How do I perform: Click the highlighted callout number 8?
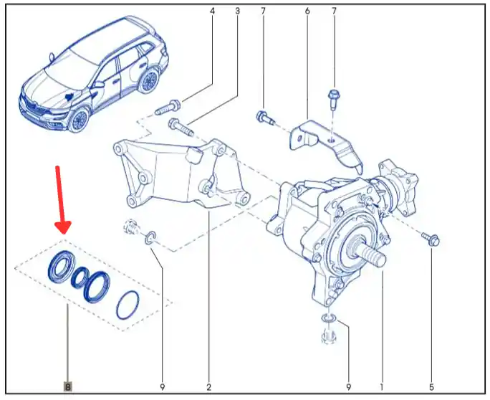point(67,386)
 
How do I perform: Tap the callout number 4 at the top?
point(213,11)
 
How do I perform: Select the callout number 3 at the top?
point(238,11)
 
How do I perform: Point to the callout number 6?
point(307,11)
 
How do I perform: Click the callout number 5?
point(431,387)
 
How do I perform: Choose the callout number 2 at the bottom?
point(208,387)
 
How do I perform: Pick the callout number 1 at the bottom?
point(381,387)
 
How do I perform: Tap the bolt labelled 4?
point(168,108)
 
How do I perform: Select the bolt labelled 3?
point(181,127)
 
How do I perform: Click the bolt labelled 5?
point(431,239)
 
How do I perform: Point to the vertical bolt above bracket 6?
point(333,100)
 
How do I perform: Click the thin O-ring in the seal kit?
point(128,305)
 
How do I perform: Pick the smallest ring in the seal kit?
point(81,277)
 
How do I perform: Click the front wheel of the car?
point(78,120)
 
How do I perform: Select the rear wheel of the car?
point(149,80)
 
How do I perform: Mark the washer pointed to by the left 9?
point(150,237)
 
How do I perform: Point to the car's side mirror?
point(100,85)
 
